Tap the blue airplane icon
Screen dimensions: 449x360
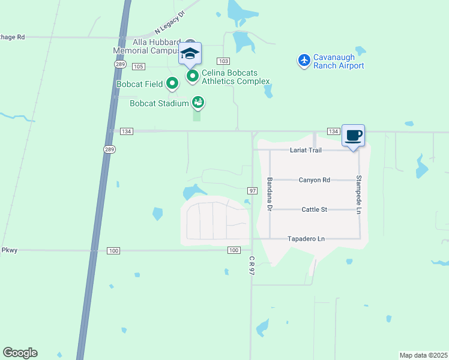(304, 60)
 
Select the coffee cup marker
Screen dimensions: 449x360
(353, 135)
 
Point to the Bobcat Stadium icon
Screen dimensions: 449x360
(197, 103)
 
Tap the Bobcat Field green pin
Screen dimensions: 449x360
(172, 83)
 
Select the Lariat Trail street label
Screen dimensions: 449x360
(306, 150)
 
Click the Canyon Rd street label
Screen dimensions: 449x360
(315, 180)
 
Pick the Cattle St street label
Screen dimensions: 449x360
(314, 209)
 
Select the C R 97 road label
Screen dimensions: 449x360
(252, 265)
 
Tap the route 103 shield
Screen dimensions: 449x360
(223, 61)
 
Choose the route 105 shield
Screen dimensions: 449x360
(139, 66)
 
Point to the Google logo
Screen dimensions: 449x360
(20, 353)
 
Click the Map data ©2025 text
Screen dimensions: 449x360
(423, 355)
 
